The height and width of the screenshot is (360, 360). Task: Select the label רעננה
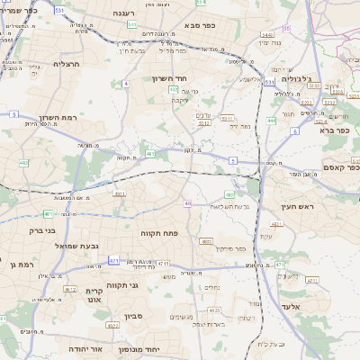click(124, 14)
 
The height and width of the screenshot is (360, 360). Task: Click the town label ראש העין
click(291, 206)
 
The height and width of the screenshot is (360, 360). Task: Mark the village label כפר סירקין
click(229, 247)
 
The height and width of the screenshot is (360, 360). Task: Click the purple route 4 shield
click(126, 84)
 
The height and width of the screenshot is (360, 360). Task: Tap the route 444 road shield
click(271, 120)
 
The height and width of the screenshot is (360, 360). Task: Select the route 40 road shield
click(188, 203)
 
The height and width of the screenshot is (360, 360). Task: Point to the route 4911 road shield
click(119, 193)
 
